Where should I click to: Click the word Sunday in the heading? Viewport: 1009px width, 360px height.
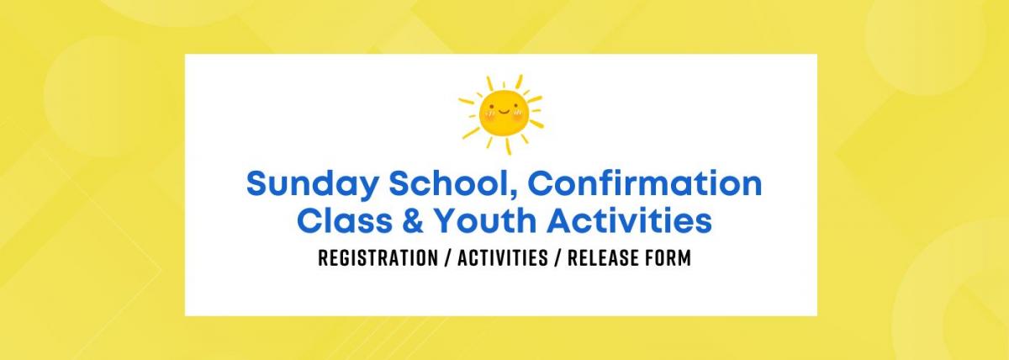[x=311, y=185]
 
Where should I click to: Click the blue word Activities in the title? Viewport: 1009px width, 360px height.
[x=630, y=220]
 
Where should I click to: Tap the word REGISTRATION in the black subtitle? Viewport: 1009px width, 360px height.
[x=378, y=258]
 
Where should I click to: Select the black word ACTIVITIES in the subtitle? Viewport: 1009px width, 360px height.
[x=503, y=258]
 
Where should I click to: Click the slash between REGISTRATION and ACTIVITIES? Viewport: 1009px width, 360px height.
[x=447, y=258]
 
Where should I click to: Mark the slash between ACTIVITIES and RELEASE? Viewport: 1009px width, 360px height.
[x=557, y=258]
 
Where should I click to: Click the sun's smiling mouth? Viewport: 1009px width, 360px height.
[x=503, y=111]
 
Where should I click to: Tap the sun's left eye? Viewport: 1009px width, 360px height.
[x=493, y=107]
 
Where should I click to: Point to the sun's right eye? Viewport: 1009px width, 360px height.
[x=515, y=107]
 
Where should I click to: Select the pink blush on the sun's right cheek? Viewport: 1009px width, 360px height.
[x=518, y=114]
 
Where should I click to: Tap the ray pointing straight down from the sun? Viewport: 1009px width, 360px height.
[x=508, y=146]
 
